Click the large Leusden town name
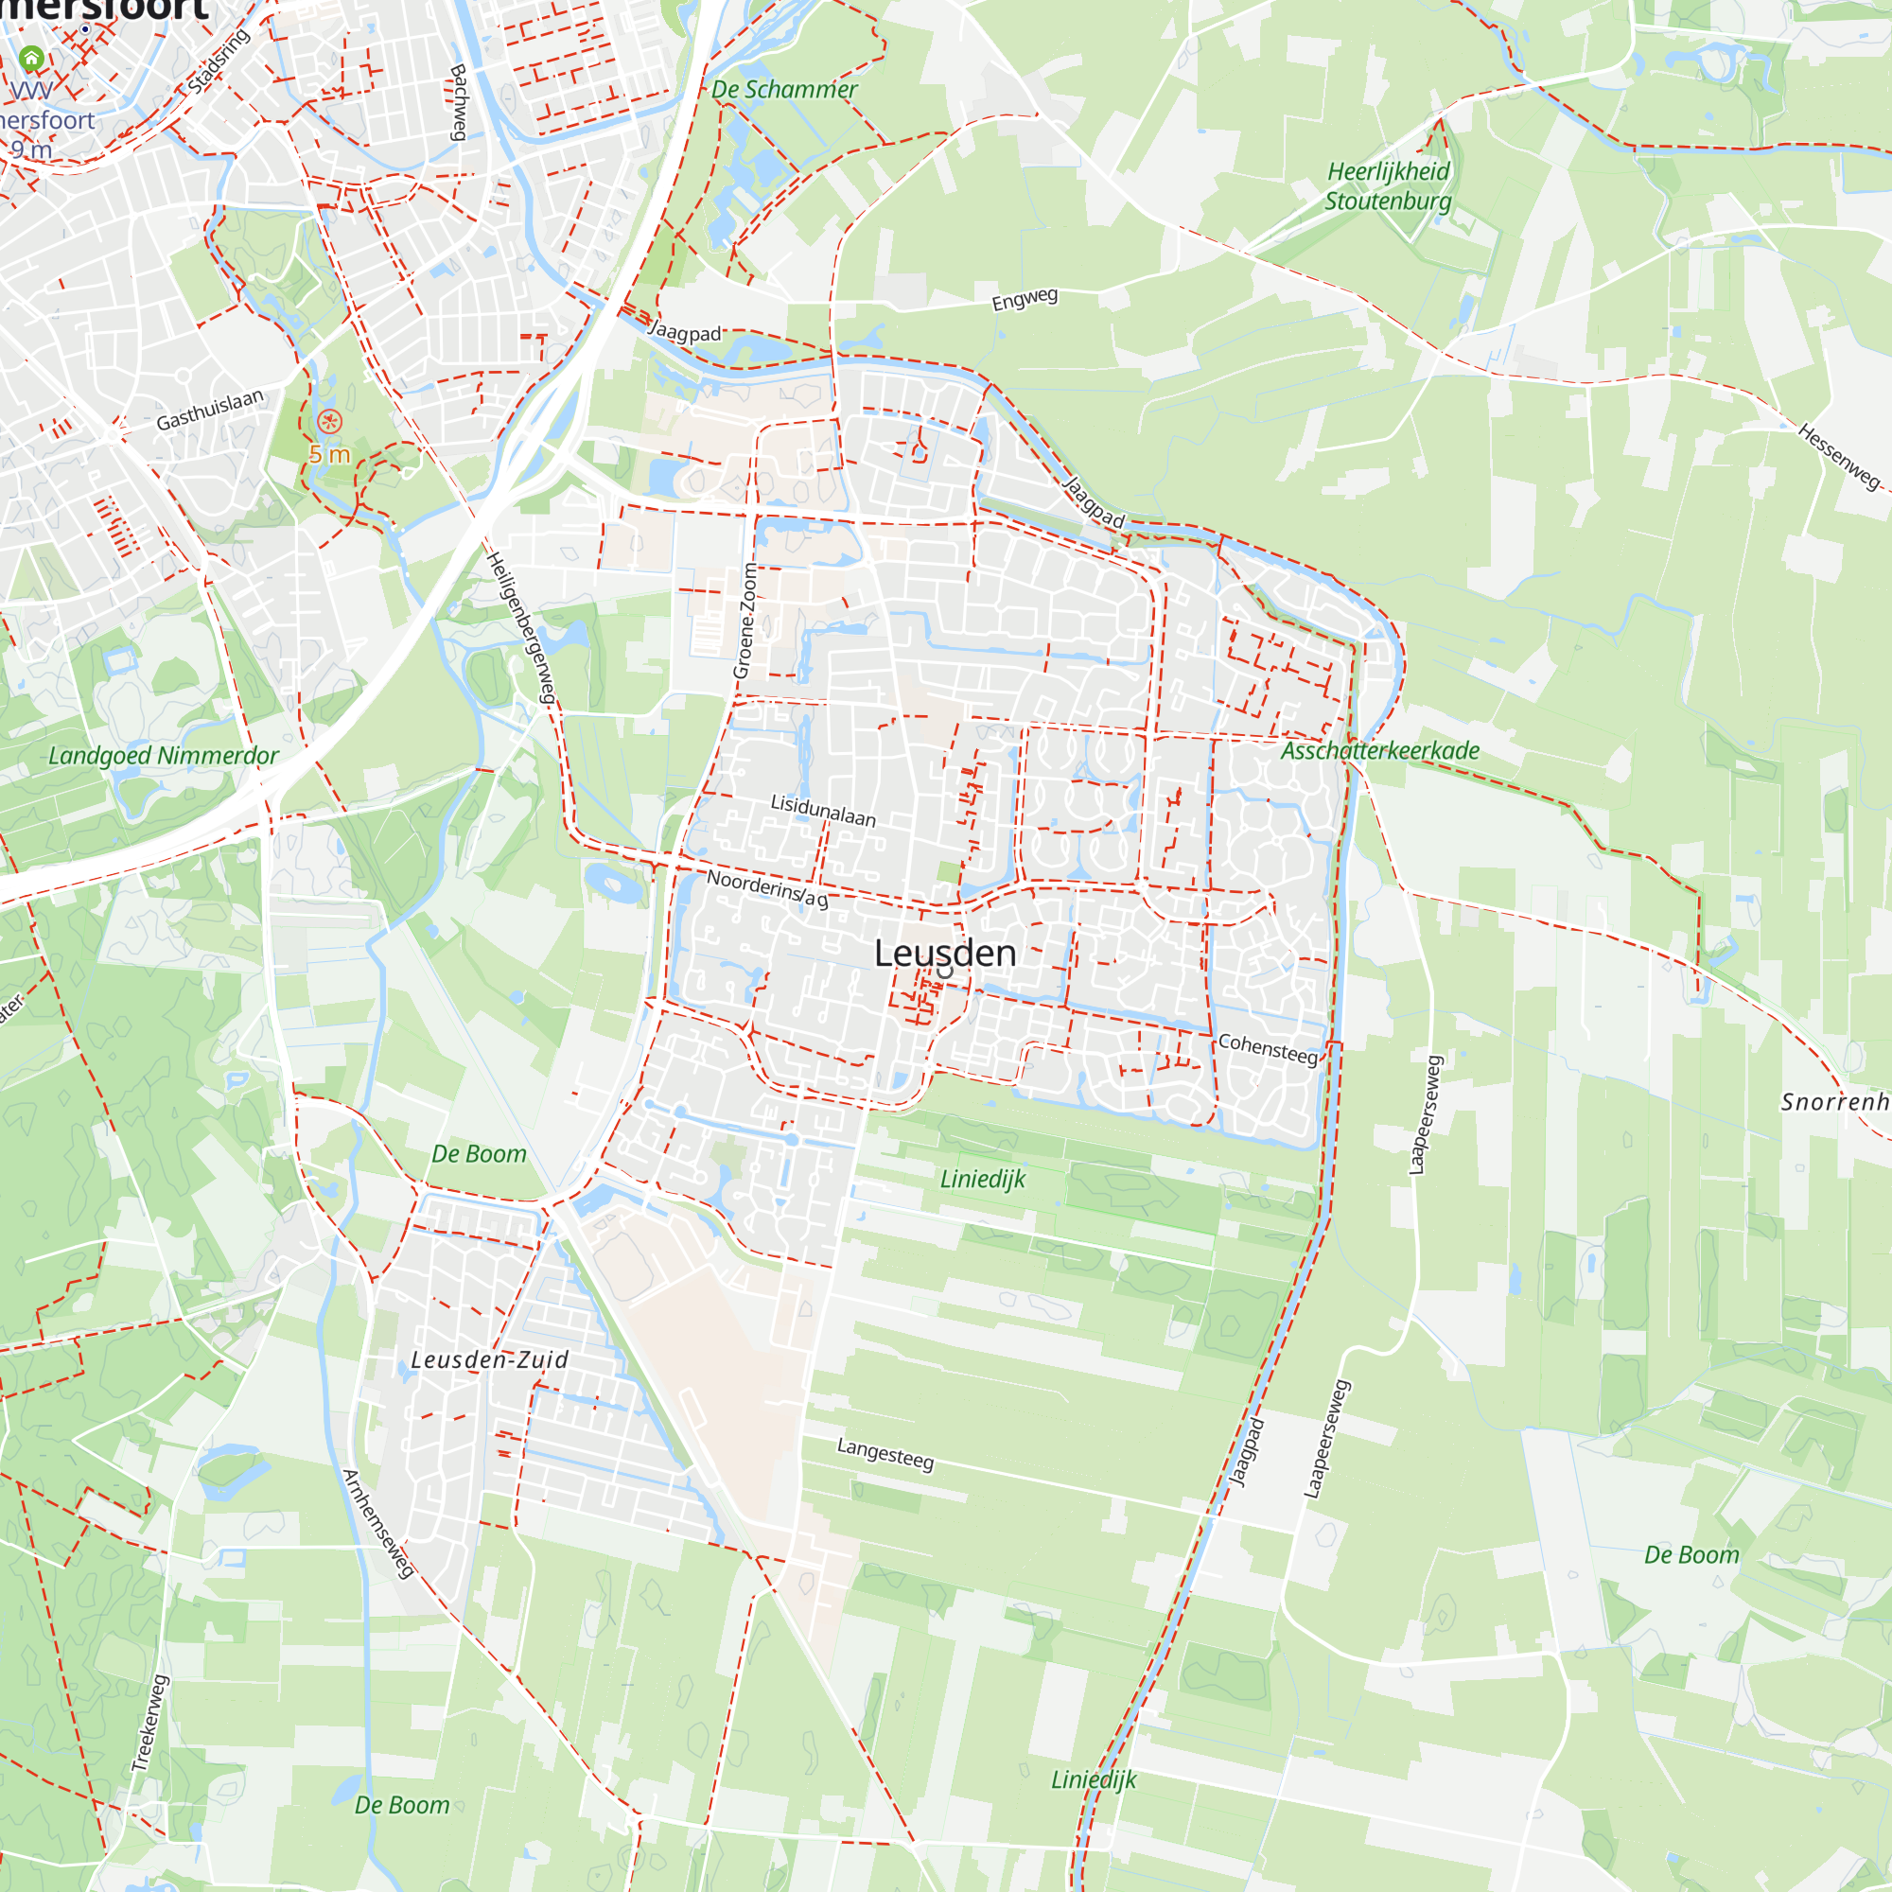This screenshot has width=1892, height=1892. pos(944,953)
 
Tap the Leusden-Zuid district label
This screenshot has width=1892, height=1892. pos(489,1359)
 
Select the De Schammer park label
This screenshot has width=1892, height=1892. pos(783,89)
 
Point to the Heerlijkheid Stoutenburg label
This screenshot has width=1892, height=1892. pos(1388,186)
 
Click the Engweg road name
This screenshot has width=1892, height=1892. pos(1025,299)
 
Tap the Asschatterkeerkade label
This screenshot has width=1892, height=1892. pos(1380,751)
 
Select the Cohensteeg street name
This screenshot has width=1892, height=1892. pos(1268,1048)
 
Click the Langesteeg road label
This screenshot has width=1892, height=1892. pos(885,1453)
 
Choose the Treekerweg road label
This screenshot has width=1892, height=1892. pos(149,1723)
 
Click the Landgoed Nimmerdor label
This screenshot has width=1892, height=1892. pos(164,756)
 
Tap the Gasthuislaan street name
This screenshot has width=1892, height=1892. pos(210,410)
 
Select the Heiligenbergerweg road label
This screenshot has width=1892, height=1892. pos(522,628)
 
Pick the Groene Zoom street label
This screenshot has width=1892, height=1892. pos(746,621)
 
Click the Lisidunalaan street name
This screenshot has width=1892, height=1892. pos(823,811)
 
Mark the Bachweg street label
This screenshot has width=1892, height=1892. pos(457,102)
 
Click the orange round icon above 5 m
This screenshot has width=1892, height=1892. pos(330,422)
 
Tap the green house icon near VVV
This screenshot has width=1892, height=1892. pos(31,59)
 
